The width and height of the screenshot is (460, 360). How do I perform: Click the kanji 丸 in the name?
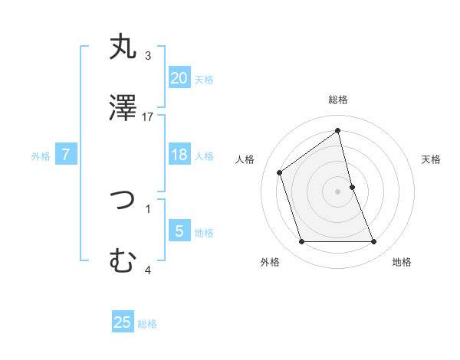[123, 47]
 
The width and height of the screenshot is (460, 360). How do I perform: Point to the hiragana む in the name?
[123, 261]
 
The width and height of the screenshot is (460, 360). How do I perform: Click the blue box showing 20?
[179, 77]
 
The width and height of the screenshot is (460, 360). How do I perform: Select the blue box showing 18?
[179, 155]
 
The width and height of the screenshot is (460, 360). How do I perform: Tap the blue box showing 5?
[179, 231]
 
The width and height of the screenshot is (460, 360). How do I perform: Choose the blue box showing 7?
[66, 155]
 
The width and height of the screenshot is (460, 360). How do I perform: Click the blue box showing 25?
[123, 322]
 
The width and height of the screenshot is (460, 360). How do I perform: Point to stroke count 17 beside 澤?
[148, 117]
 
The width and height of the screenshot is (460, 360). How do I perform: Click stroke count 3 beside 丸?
[148, 56]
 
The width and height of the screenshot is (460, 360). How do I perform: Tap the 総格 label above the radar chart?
[338, 100]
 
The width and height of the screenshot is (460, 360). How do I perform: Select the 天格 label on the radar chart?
[431, 159]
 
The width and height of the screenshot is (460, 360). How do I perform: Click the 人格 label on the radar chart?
[245, 159]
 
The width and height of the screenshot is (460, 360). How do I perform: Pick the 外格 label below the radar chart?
[270, 262]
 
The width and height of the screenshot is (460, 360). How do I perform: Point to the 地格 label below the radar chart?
[402, 262]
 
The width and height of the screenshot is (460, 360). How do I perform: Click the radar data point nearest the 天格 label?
[352, 187]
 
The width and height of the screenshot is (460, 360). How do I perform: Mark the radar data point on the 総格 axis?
[338, 131]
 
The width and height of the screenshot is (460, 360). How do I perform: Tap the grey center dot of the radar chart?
[338, 191]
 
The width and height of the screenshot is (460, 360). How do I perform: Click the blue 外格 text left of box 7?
[41, 156]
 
